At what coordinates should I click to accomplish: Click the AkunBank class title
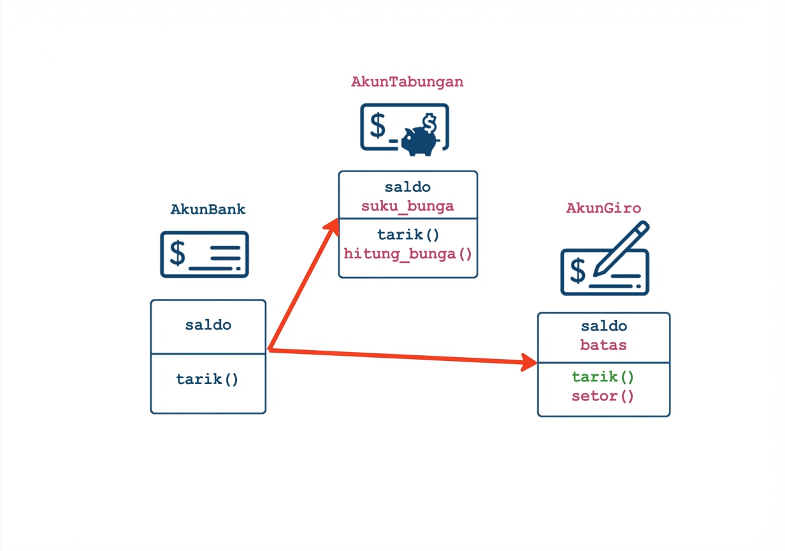208,209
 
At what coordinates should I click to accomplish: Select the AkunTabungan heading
407,82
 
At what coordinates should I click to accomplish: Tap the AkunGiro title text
603,208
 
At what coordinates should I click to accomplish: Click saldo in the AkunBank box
208,325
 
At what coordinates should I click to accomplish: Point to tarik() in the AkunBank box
208,379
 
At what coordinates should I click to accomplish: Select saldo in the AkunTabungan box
408,187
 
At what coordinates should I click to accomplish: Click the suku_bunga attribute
408,206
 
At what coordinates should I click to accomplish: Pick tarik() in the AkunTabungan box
408,235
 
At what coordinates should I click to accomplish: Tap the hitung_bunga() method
408,254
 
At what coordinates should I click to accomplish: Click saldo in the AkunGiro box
603,326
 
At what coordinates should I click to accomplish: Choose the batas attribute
603,345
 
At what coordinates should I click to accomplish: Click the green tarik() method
603,377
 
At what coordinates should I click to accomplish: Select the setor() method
603,396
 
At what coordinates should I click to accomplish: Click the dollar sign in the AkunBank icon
177,253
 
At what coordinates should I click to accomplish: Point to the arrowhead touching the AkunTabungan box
333,226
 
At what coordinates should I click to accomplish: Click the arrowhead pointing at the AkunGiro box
530,362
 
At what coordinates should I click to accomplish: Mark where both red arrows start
270,349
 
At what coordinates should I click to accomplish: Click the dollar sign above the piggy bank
430,122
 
